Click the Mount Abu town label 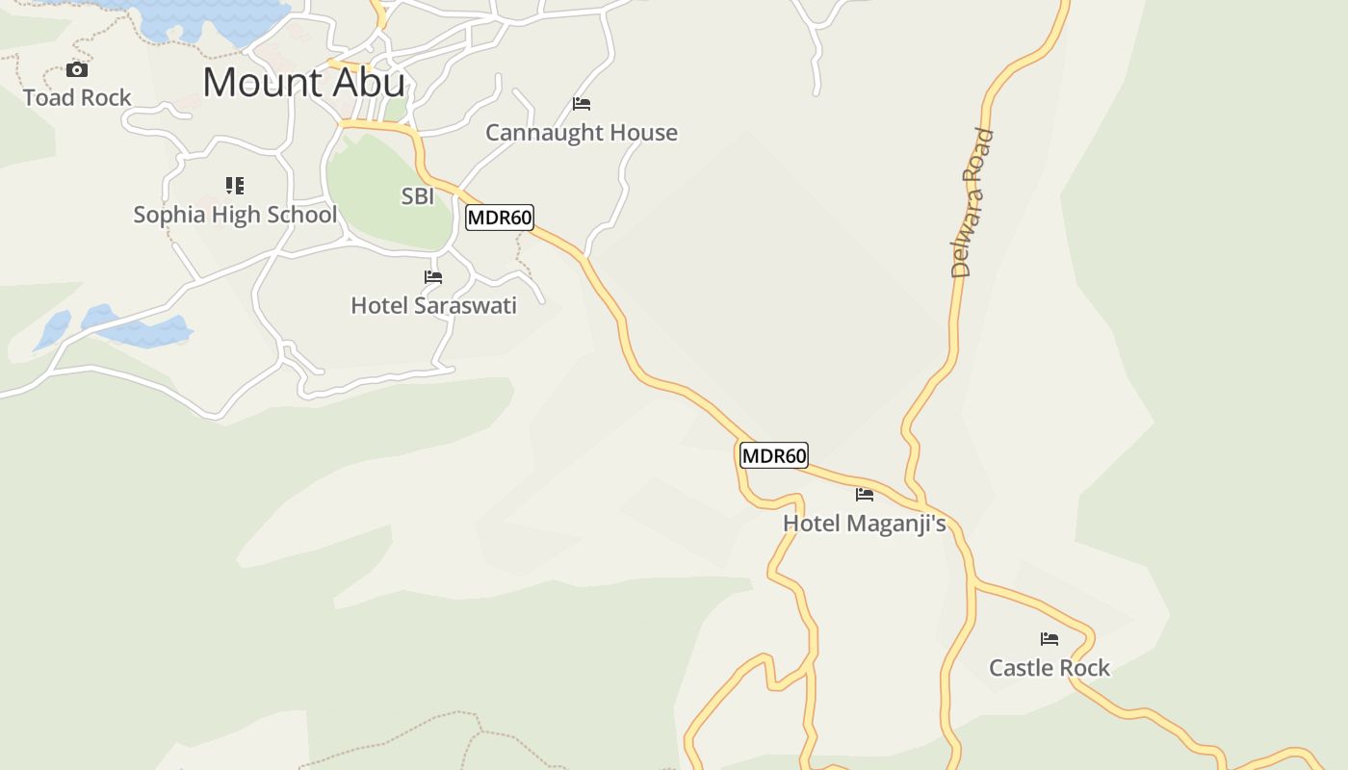303,83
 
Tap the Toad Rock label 77,97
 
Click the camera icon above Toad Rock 77,69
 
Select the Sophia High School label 235,214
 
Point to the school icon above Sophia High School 235,185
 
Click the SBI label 418,196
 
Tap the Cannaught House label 582,132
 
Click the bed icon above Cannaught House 582,103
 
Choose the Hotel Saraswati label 433,305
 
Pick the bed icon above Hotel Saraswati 433,277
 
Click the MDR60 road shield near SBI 500,218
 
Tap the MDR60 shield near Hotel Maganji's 774,455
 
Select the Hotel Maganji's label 865,524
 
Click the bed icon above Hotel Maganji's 865,495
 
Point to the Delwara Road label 972,202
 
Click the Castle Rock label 1050,667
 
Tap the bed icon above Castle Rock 1050,638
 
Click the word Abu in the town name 370,83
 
